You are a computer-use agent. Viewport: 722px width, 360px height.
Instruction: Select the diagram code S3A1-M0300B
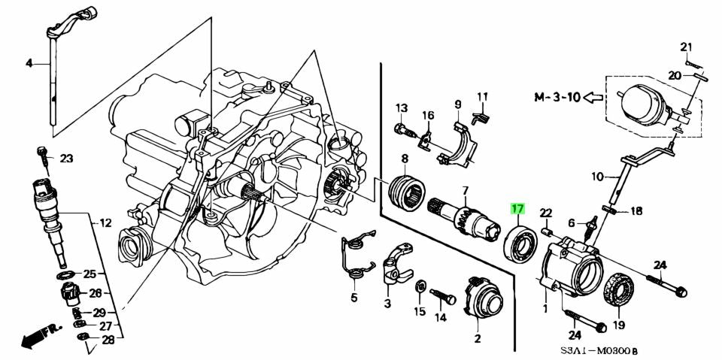click(x=608, y=350)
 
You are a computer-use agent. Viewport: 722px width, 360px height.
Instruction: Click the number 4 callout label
click(x=29, y=64)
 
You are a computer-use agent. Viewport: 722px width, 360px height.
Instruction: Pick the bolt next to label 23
click(x=43, y=156)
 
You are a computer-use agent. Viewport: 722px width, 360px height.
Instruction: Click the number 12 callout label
click(x=105, y=223)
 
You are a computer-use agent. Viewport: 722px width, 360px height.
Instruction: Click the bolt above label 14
click(x=444, y=295)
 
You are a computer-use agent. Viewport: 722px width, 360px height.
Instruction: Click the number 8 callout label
click(x=404, y=159)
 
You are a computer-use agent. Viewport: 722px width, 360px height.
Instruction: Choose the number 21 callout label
click(x=685, y=47)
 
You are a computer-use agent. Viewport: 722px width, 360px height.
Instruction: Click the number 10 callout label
click(x=597, y=177)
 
